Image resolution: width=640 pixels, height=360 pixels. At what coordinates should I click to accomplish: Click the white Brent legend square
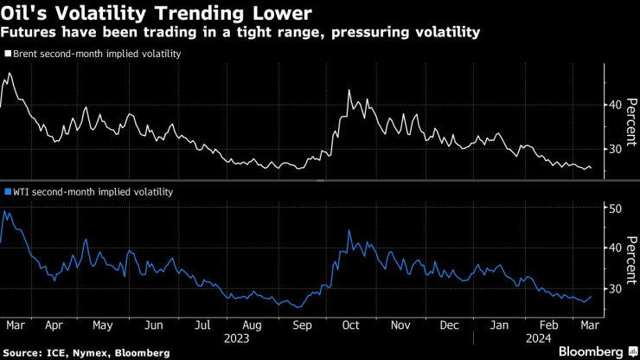8,54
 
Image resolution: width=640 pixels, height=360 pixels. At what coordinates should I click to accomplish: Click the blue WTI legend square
8,192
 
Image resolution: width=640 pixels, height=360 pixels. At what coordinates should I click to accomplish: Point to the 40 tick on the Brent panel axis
615,104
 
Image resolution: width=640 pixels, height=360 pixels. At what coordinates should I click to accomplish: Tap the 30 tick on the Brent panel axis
615,149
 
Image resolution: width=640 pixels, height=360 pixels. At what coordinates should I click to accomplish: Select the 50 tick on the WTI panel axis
615,209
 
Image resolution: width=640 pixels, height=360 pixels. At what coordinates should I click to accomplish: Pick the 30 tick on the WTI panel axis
615,288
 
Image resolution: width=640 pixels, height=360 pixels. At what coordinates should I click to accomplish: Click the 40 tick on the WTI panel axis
615,247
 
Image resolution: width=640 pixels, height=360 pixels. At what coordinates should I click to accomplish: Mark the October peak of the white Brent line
348,90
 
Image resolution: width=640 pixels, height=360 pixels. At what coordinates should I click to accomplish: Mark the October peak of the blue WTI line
349,230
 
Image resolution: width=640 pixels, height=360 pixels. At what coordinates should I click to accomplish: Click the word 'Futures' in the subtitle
28,32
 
